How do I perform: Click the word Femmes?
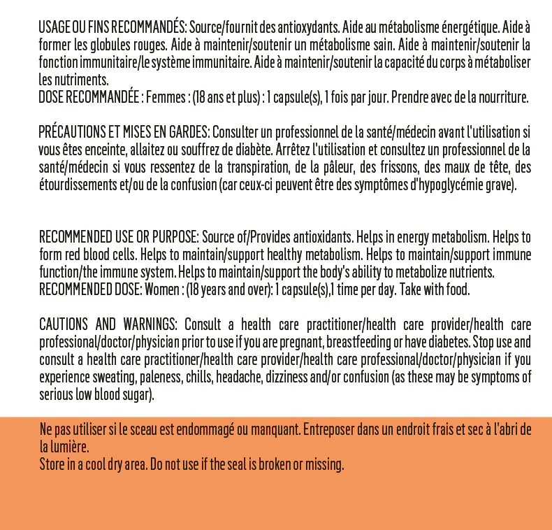coord(166,97)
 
